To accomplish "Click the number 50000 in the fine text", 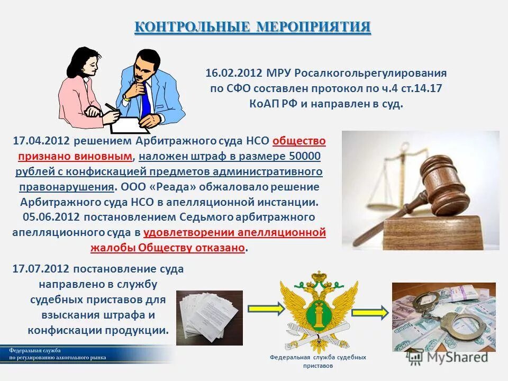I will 305,157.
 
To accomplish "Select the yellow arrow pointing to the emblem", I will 262,307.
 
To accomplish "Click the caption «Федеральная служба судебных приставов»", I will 317,361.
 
